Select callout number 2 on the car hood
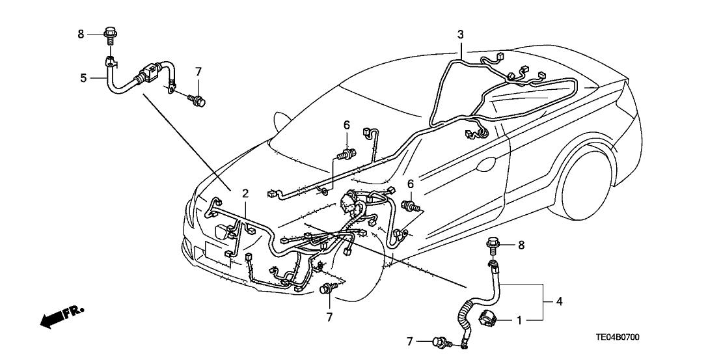pyautogui.click(x=245, y=193)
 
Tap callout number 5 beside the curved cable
pyautogui.click(x=83, y=78)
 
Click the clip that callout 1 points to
pyautogui.click(x=487, y=319)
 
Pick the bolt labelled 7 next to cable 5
pyautogui.click(x=195, y=99)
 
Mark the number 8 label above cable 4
pyautogui.click(x=520, y=245)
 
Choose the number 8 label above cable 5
pyautogui.click(x=81, y=35)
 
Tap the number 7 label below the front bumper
pyautogui.click(x=330, y=317)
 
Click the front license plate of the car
pyautogui.click(x=215, y=253)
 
